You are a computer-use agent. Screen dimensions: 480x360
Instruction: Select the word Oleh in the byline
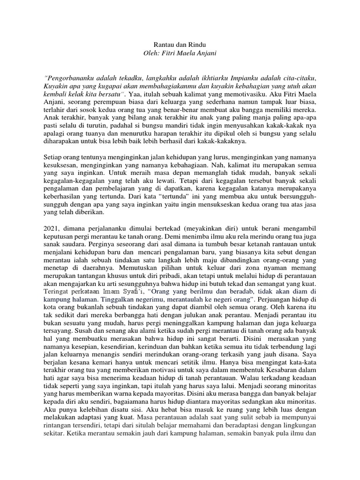point(151,53)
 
